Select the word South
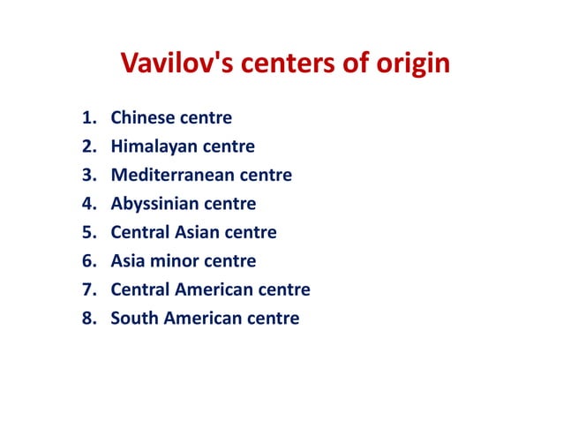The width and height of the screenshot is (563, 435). point(133,319)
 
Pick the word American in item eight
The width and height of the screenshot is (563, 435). point(205,319)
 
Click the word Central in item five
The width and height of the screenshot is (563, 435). point(141,233)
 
